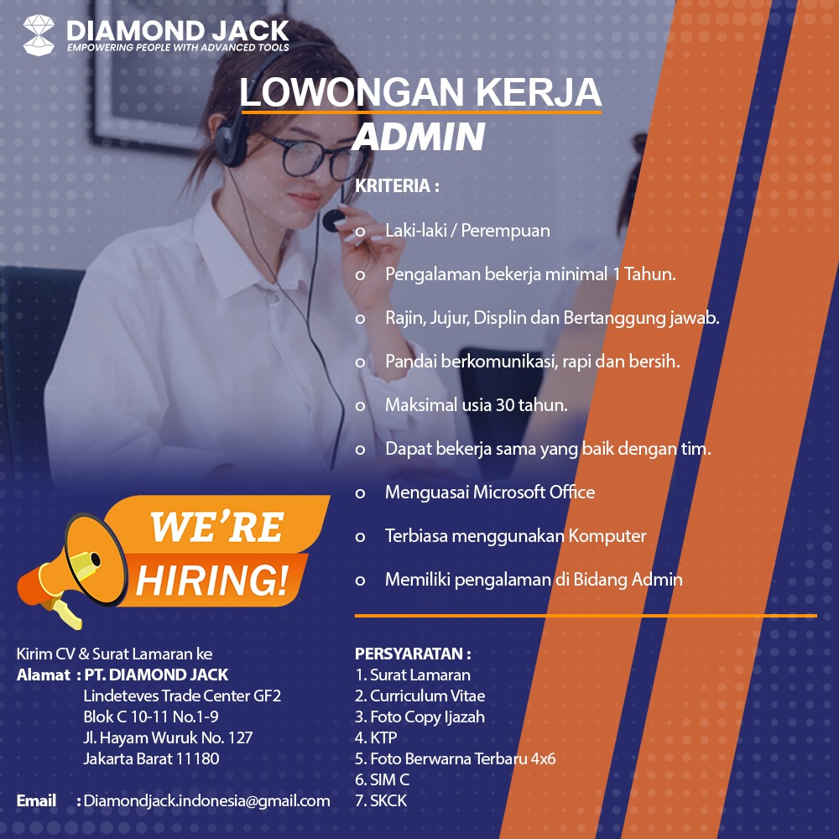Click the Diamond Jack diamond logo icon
point(39,34)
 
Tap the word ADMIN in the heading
point(419,137)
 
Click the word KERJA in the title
point(539,92)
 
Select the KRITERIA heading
point(397,185)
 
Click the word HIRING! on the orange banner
point(212,580)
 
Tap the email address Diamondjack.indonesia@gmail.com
point(206,800)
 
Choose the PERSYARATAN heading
point(413,654)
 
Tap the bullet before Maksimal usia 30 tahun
point(360,406)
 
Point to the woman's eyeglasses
point(315,157)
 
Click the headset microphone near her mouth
point(333,219)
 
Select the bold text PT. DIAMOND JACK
point(156,675)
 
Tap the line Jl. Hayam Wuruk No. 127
point(168,737)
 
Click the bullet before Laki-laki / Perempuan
point(360,232)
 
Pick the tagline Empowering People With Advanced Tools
point(178,48)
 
